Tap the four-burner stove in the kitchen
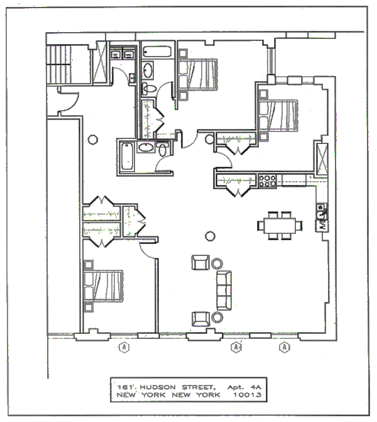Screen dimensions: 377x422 268,180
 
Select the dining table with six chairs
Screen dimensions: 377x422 278,225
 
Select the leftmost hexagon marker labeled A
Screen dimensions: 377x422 125,346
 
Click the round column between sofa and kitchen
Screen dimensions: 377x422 210,236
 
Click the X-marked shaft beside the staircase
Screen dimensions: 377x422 99,62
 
